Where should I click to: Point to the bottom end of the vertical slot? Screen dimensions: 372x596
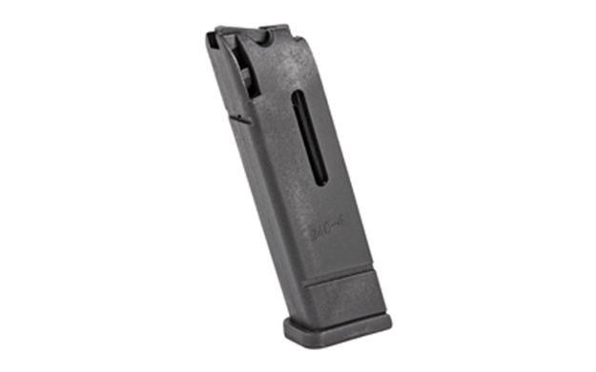322,184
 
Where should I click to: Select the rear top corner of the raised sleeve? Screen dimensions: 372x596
379,275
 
